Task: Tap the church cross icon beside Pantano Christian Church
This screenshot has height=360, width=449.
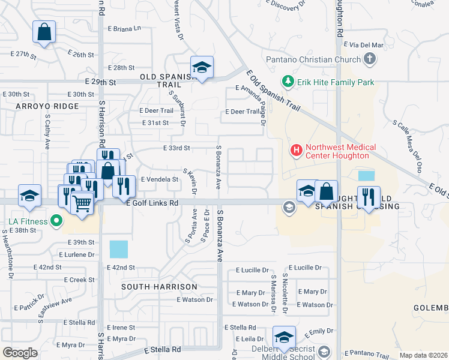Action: coord(370,59)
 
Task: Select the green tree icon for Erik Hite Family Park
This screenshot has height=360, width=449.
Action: coord(288,82)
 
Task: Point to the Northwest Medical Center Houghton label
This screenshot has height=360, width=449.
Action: coord(341,151)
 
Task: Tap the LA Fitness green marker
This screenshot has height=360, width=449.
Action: coord(56,221)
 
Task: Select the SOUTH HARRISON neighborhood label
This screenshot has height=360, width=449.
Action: coord(159,287)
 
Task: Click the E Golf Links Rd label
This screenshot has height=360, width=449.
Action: coord(152,203)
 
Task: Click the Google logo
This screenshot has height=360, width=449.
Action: coord(20,353)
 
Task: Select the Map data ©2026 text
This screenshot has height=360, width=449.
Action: coord(423,355)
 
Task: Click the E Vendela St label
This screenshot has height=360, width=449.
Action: coord(159,179)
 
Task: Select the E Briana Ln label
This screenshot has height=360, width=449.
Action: coord(124,28)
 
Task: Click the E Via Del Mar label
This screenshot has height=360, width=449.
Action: coord(363,45)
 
